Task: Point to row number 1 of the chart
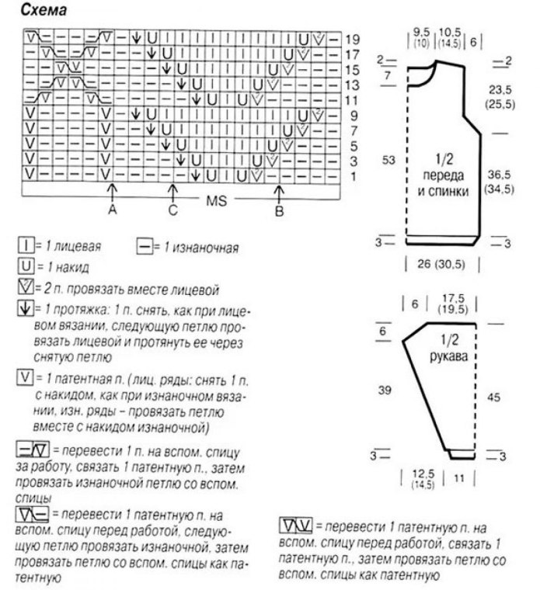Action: [x=354, y=178]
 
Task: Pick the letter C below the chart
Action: [x=173, y=210]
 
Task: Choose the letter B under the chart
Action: [x=280, y=210]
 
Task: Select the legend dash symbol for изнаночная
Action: [x=143, y=248]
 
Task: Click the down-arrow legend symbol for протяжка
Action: [x=24, y=309]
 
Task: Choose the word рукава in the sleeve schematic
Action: [x=445, y=358]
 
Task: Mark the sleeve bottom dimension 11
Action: [x=458, y=480]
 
